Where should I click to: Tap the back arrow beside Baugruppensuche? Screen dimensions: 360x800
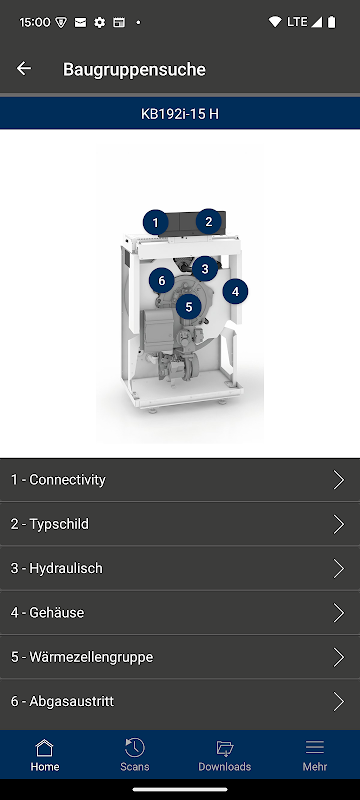(x=24, y=68)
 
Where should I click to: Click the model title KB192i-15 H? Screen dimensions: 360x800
(x=179, y=114)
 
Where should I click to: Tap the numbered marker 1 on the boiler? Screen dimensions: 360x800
(x=156, y=222)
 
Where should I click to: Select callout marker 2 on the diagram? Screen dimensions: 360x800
(x=209, y=221)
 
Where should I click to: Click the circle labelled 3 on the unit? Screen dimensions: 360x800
(x=205, y=269)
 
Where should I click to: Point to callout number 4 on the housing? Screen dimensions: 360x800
(x=235, y=292)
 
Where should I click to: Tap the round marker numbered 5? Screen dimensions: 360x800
(x=189, y=307)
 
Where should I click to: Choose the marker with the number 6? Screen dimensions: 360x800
(x=162, y=281)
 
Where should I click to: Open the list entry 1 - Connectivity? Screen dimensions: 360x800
(x=58, y=480)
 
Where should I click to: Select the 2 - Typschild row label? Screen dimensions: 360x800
(x=49, y=524)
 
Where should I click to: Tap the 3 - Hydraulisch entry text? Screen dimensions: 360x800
(x=57, y=568)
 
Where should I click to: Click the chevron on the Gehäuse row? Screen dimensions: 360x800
(x=339, y=612)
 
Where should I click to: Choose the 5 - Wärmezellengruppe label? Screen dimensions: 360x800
(x=82, y=657)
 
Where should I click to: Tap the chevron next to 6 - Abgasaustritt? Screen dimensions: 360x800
(x=339, y=702)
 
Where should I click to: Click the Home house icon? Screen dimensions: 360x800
(x=44, y=747)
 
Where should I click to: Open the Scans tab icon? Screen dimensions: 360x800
(x=135, y=747)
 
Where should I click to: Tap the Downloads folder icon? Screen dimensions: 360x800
(x=224, y=748)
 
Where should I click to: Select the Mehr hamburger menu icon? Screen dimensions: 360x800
(x=315, y=747)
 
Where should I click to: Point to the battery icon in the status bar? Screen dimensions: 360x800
(x=331, y=22)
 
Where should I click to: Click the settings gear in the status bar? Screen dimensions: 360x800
(x=99, y=22)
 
